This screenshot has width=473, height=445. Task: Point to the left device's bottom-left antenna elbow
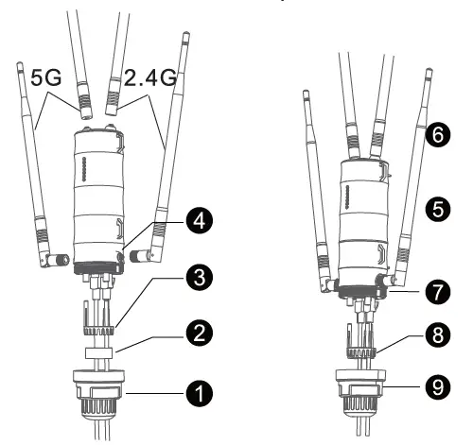coord(60,257)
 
